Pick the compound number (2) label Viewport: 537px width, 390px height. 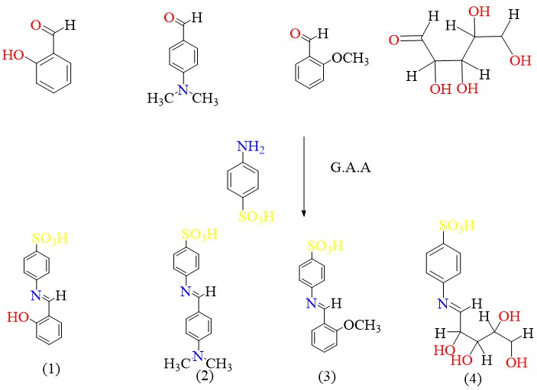point(203,374)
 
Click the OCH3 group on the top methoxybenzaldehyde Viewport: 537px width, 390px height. point(352,59)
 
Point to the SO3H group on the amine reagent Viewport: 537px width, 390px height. point(253,219)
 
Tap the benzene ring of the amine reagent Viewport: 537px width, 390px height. point(251,182)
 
